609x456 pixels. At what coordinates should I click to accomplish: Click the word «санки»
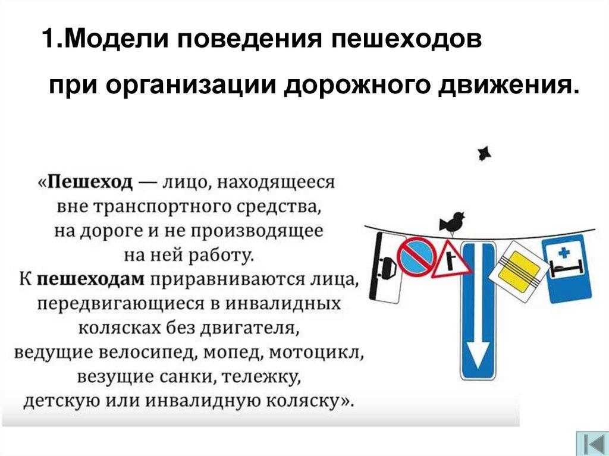click(x=184, y=377)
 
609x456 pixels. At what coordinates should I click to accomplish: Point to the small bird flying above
click(x=484, y=153)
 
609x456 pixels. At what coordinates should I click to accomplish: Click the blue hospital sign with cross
click(x=567, y=268)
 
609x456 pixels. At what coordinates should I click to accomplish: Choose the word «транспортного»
click(x=164, y=207)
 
